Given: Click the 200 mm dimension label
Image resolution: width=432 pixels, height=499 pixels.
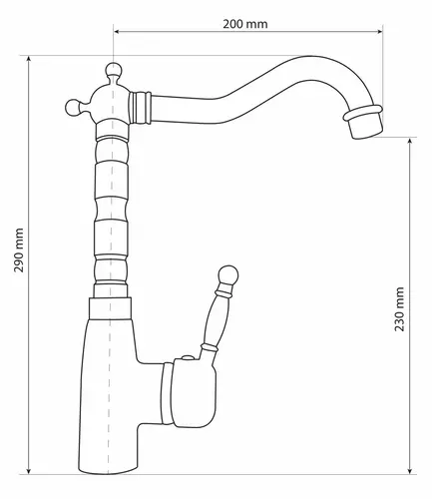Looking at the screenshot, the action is [x=245, y=24].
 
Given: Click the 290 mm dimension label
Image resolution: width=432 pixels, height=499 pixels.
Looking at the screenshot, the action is [x=19, y=250].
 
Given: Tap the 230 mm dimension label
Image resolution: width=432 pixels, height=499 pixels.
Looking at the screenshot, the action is [x=399, y=309].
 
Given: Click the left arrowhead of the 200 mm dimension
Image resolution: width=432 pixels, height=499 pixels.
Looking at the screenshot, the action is [x=117, y=32].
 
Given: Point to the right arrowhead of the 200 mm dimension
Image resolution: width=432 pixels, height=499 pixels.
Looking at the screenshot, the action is [x=379, y=32].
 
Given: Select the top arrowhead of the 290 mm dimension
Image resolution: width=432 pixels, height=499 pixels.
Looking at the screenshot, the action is [x=29, y=59].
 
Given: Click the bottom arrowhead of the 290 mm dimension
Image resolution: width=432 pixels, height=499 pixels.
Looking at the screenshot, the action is [x=29, y=470].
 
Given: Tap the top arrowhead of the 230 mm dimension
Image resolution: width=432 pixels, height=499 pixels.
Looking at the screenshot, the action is [x=410, y=141].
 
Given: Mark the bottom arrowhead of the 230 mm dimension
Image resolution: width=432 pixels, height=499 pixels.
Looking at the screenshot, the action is [x=410, y=470].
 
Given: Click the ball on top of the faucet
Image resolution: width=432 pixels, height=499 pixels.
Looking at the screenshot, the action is [x=114, y=70].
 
